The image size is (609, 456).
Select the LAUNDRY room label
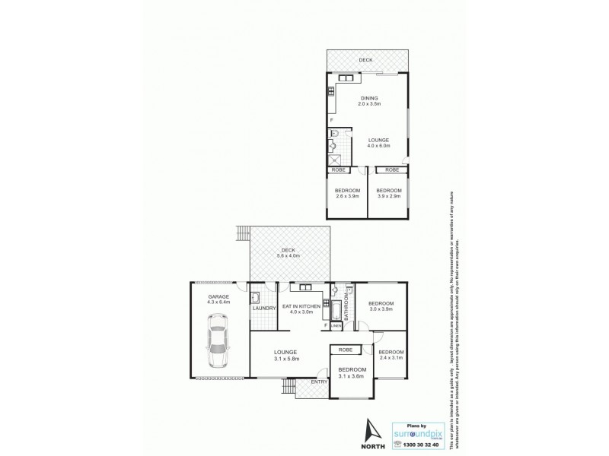pos(263,308)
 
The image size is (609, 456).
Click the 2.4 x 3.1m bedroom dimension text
pos(391,356)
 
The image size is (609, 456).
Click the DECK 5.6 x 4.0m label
pos(288,254)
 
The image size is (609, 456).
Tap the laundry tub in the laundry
pos(257,297)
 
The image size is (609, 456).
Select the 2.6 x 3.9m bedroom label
pos(346,194)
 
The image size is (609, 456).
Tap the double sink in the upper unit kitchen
pos(346,78)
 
